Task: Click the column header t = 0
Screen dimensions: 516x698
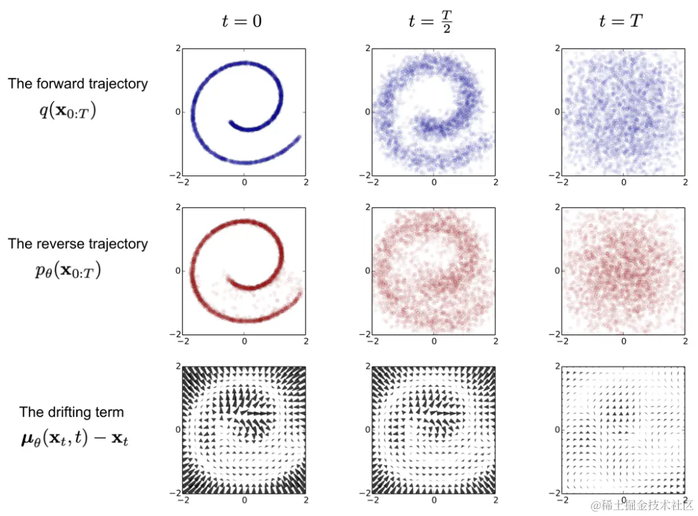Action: pyautogui.click(x=242, y=21)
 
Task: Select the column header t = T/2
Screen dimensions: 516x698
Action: pyautogui.click(x=431, y=21)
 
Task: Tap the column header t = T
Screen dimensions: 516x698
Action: pyautogui.click(x=620, y=21)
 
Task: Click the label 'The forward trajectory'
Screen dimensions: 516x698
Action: pyautogui.click(x=78, y=83)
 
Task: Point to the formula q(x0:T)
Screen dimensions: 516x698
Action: pyautogui.click(x=68, y=111)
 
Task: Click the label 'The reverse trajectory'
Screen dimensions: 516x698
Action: pyautogui.click(x=78, y=244)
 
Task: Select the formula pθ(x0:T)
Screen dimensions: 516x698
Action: pyautogui.click(x=68, y=270)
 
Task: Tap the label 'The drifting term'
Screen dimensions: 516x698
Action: pyautogui.click(x=71, y=412)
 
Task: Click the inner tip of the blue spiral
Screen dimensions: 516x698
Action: pyautogui.click(x=231, y=122)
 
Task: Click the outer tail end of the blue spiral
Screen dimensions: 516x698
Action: pyautogui.click(x=299, y=137)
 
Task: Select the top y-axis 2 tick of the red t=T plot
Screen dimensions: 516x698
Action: pyautogui.click(x=556, y=208)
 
